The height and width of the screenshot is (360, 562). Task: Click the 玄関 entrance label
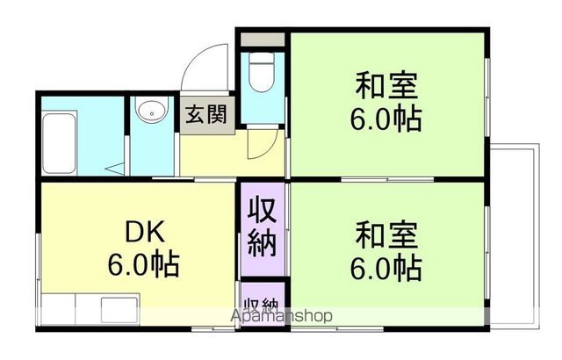coord(206,115)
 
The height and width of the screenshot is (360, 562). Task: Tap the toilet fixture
coord(262,74)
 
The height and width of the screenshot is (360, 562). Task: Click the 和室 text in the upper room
coord(385,87)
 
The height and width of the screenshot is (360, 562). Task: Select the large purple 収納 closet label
coord(261,226)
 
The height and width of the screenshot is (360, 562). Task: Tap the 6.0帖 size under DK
coord(143,263)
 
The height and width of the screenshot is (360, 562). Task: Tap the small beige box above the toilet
coord(262,40)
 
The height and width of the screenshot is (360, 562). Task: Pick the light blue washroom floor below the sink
coord(153,154)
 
